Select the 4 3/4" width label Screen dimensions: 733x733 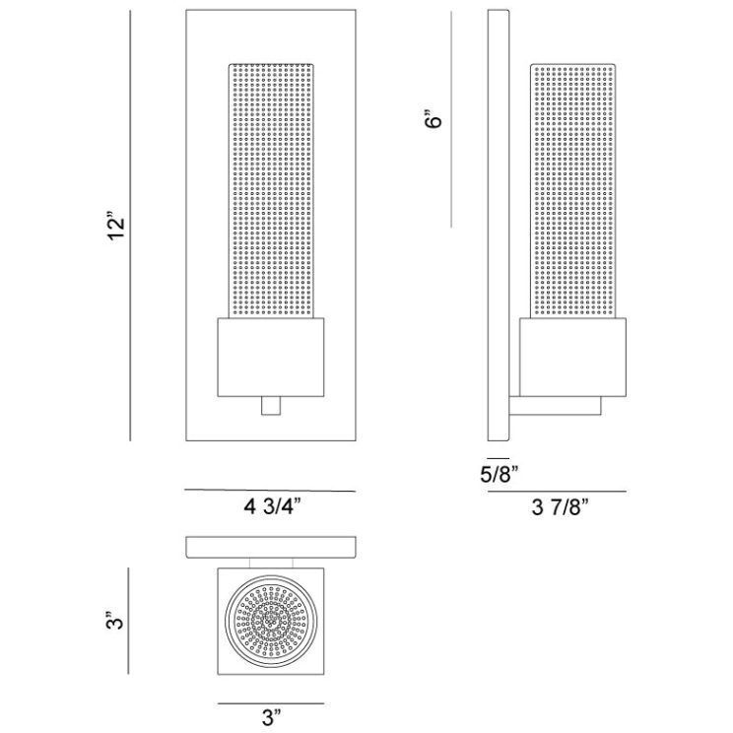(x=271, y=508)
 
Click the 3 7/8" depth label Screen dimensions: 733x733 (x=558, y=508)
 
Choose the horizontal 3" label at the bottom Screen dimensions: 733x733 (x=271, y=721)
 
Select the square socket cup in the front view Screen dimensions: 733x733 (x=271, y=359)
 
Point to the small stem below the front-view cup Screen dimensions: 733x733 (x=271, y=406)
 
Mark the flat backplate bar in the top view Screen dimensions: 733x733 (x=271, y=547)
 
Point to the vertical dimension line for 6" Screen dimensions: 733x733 (x=451, y=118)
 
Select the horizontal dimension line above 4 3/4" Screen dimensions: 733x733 (x=271, y=491)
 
